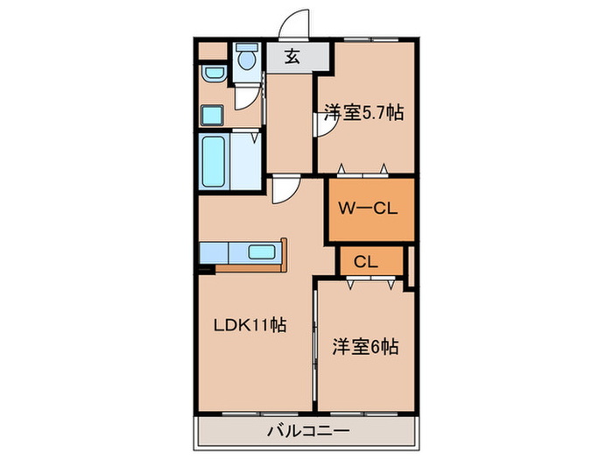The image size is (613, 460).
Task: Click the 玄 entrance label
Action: pyautogui.click(x=293, y=58)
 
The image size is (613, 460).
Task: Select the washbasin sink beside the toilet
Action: pyautogui.click(x=211, y=73)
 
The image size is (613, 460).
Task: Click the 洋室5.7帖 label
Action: pyautogui.click(x=363, y=113)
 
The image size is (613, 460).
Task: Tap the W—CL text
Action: pyautogui.click(x=368, y=209)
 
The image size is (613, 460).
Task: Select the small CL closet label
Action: pyautogui.click(x=366, y=261)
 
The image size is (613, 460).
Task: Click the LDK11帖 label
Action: pyautogui.click(x=250, y=325)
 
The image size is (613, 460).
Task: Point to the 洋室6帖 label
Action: pyautogui.click(x=365, y=347)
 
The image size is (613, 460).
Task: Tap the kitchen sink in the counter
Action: pyautogui.click(x=262, y=252)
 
